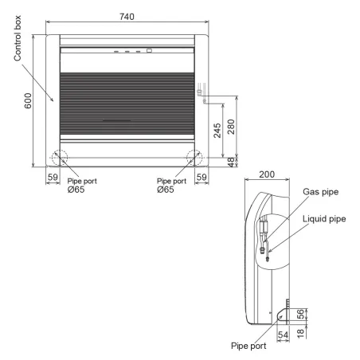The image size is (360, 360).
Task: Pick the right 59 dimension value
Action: tap(202, 178)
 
